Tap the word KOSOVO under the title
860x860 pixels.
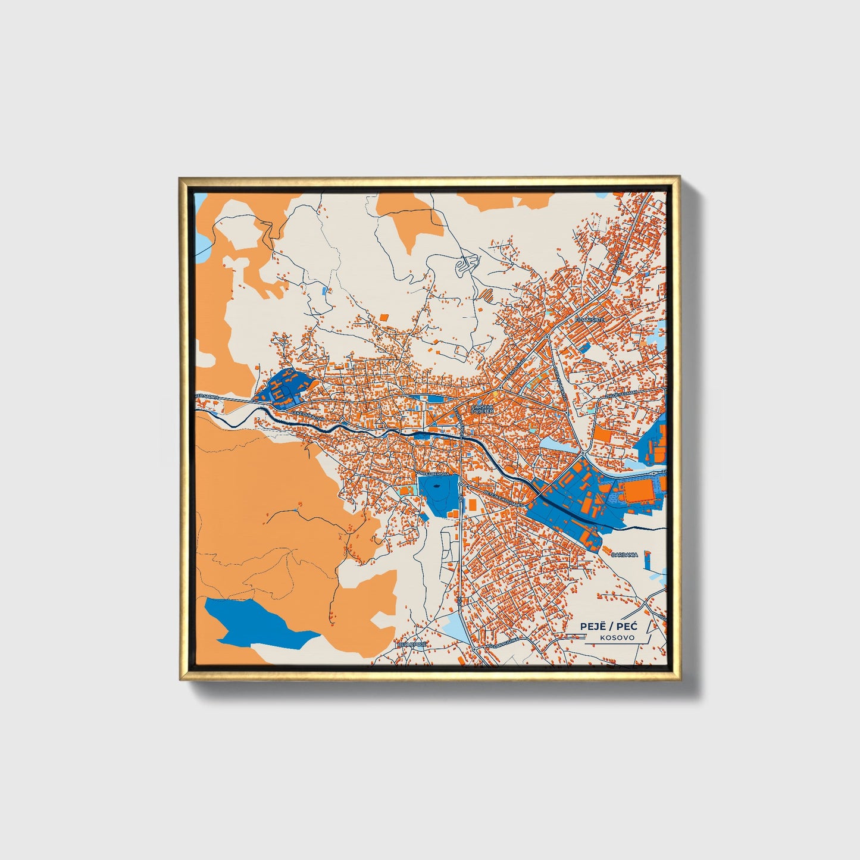point(617,638)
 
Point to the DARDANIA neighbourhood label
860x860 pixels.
point(624,555)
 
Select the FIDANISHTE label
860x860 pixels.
point(589,320)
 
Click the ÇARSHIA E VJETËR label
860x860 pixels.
point(482,409)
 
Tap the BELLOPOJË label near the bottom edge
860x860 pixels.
point(412,644)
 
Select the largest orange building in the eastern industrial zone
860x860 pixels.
point(638,492)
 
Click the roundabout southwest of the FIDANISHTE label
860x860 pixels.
point(547,337)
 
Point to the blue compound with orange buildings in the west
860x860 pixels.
point(280,387)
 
